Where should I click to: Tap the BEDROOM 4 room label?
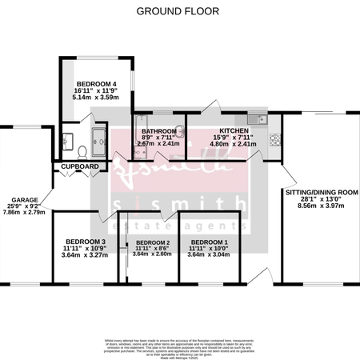96,84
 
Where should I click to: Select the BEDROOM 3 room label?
86,242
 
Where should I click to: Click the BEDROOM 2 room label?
152,242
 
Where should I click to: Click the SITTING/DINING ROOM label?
321,194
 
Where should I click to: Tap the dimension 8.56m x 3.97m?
321,206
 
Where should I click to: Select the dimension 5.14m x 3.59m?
96,97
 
